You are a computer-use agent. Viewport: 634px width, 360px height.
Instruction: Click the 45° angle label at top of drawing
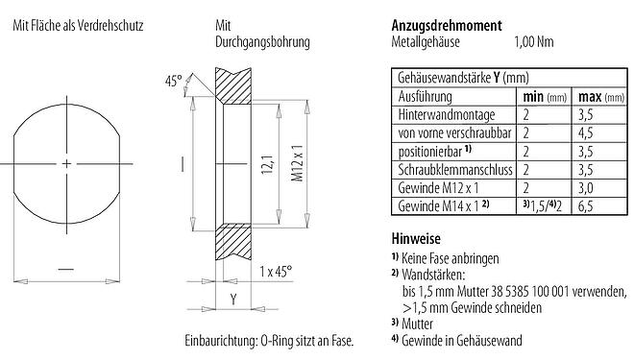(173, 83)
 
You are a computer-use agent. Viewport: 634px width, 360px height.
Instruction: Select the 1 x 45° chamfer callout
(280, 272)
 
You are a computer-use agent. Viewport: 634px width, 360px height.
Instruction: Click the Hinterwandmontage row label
(443, 114)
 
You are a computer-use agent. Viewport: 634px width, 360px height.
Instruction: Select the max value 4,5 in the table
(583, 132)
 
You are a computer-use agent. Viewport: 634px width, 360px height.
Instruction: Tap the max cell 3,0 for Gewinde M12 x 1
(583, 188)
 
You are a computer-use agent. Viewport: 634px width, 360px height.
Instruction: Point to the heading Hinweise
(416, 239)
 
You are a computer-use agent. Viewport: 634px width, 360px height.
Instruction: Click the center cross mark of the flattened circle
(66, 165)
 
